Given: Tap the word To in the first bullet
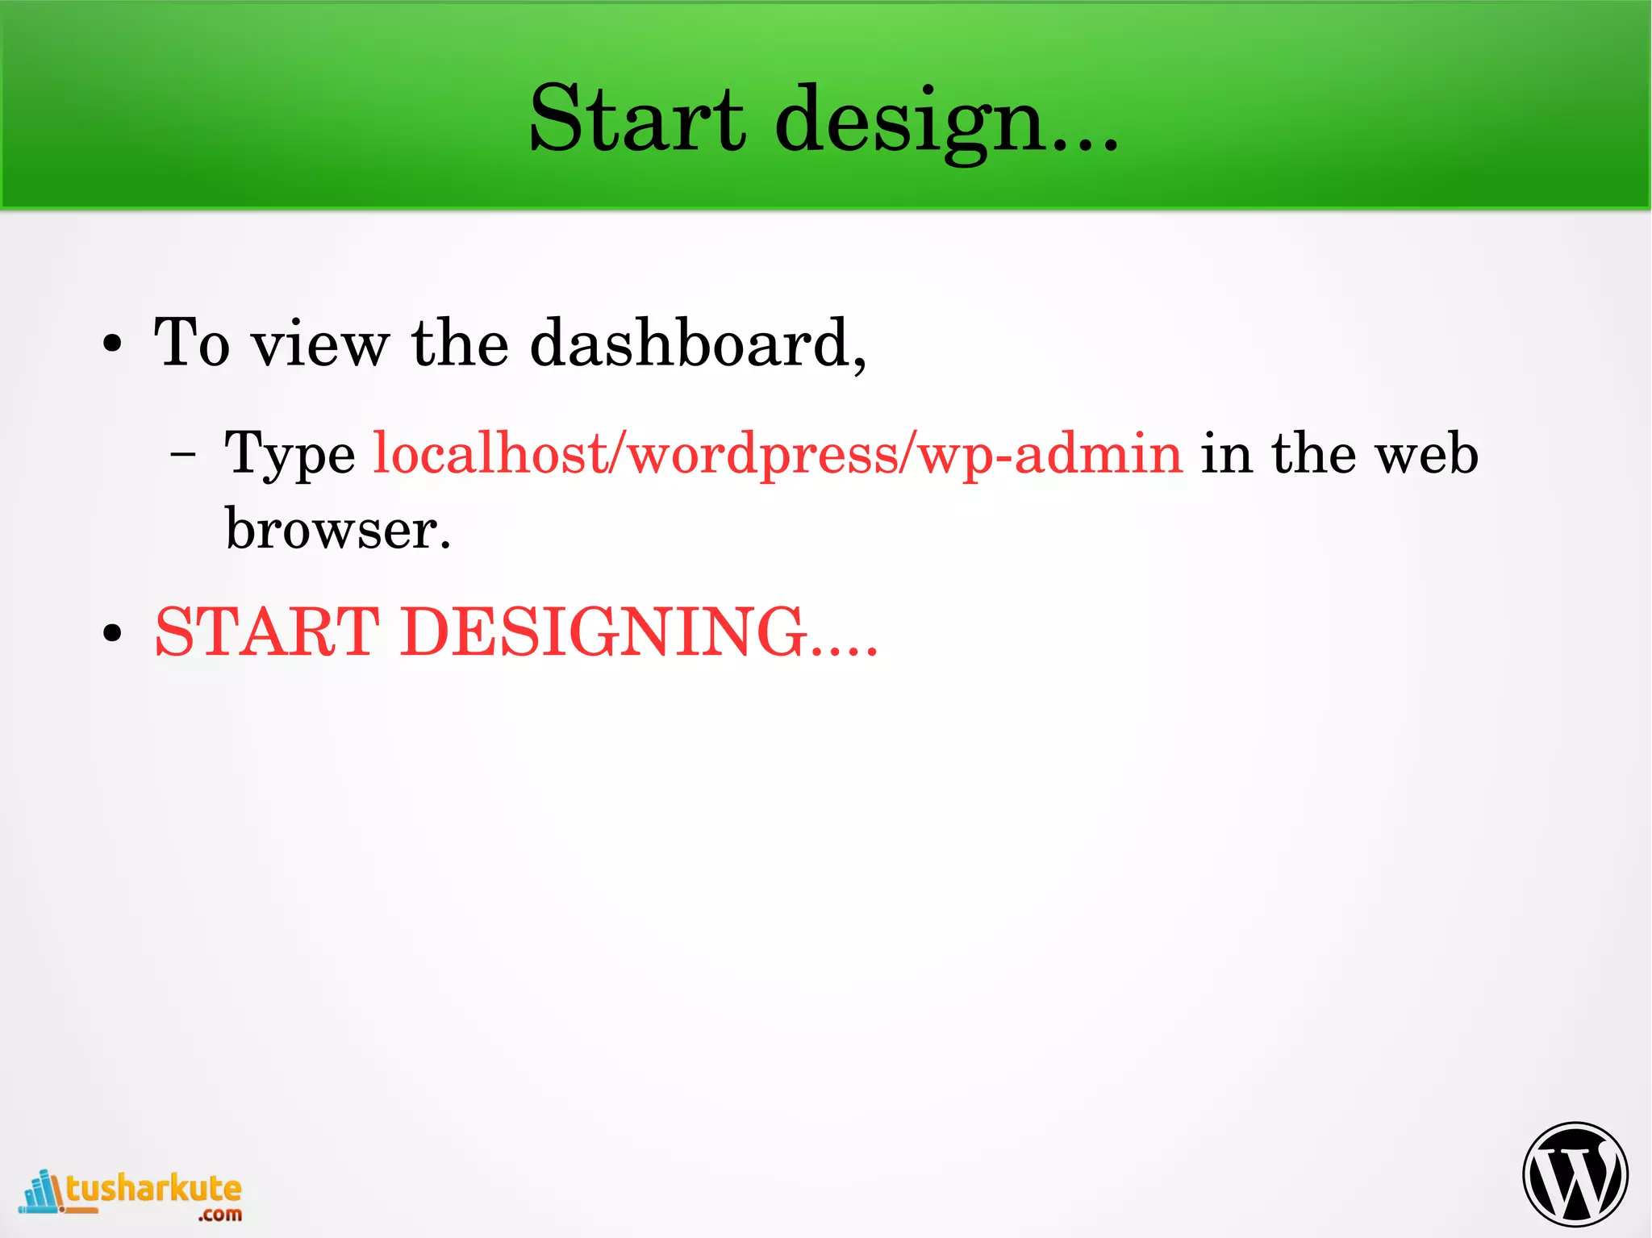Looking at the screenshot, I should tap(191, 343).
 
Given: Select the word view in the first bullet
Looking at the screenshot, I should tap(320, 344).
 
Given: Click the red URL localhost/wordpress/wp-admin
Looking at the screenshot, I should tap(778, 454).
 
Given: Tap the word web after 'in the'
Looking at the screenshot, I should tap(1427, 453).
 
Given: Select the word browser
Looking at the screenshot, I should tap(336, 529).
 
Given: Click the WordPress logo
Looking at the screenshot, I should tap(1575, 1173).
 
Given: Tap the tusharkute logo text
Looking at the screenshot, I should tap(153, 1189).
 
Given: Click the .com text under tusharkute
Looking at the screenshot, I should tap(220, 1215).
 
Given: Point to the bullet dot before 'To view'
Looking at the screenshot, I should tap(113, 344).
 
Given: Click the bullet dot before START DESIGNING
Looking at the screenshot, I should tap(113, 633).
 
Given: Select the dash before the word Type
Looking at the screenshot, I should tap(184, 454).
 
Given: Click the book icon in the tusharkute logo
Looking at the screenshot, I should tap(42, 1191).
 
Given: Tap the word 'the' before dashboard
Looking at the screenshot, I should tap(460, 343).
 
